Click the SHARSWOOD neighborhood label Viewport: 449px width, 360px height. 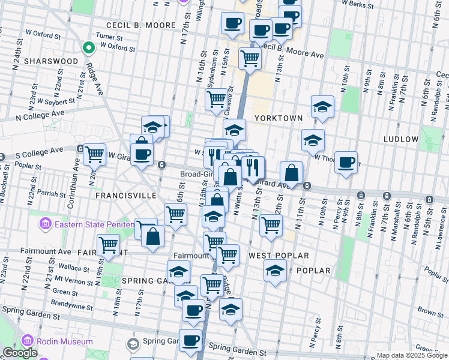point(51,61)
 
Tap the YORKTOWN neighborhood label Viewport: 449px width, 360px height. point(278,118)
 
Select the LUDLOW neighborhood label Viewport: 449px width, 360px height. point(400,139)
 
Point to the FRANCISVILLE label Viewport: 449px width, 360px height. point(126,196)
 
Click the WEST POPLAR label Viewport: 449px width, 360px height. point(279,256)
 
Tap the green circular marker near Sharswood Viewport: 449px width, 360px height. point(88,47)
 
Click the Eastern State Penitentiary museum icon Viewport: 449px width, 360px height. point(45,225)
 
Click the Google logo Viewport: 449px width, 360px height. point(20,353)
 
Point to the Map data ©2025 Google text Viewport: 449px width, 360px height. point(412,355)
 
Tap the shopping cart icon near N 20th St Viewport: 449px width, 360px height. point(95,155)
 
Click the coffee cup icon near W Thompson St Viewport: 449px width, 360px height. point(346,162)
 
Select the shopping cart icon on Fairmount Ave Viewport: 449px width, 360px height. point(108,245)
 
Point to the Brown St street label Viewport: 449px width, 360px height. point(430,311)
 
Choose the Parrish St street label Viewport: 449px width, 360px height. point(51,194)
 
